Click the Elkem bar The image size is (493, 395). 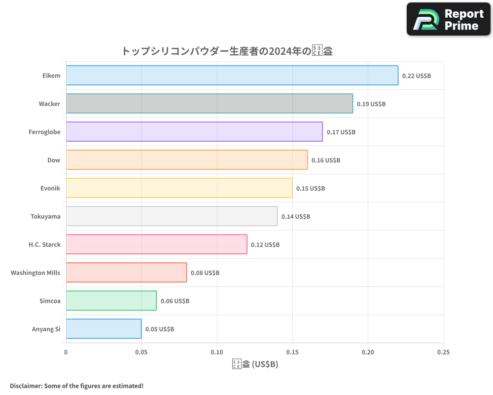pos(232,76)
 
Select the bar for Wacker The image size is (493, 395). pos(209,104)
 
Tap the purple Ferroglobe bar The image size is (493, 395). pos(194,132)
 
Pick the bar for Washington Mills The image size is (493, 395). pos(126,273)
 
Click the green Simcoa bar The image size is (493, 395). pos(111,301)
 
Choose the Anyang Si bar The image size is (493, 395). pos(104,329)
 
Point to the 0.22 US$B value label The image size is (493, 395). pos(417,76)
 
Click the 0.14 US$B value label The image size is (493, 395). pos(296,217)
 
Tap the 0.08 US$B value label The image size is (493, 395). pos(205,273)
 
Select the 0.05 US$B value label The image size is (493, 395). pos(160,329)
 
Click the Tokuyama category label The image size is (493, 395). pos(45,217)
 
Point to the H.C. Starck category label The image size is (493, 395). pos(44,245)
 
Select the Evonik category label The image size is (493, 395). pos(50,189)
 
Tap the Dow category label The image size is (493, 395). pos(54,160)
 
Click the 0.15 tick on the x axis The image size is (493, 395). pos(292,353)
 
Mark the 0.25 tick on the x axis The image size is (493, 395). pos(443,353)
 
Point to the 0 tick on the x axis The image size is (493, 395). pos(66,353)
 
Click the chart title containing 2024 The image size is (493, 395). pos(227,51)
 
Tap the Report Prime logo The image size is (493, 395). pos(449,19)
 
